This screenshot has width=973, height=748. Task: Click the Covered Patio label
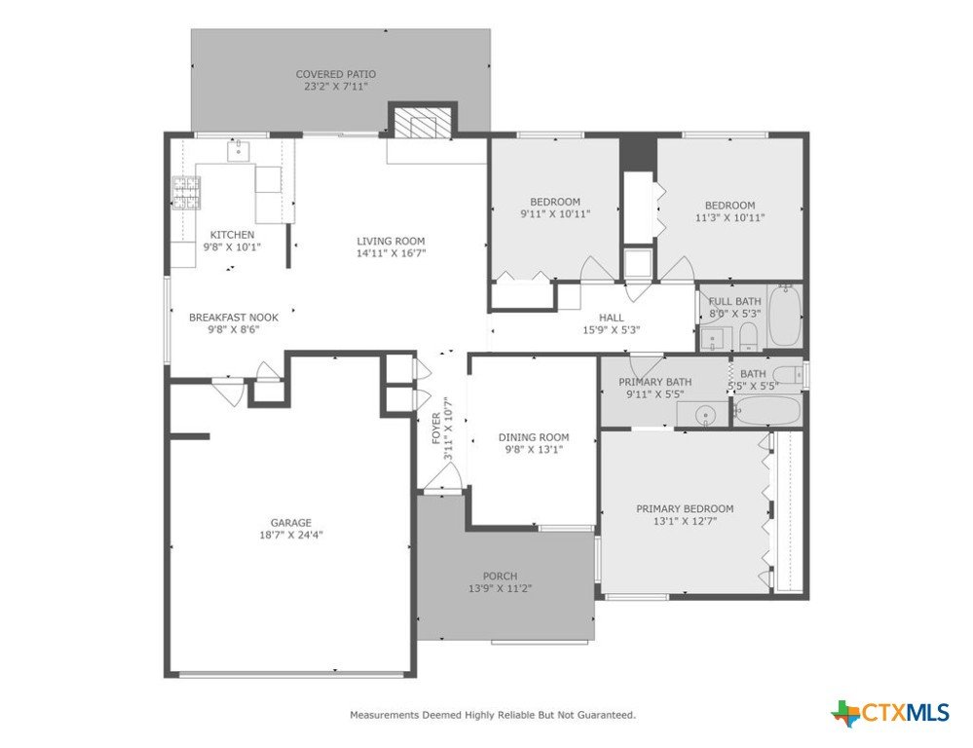336,74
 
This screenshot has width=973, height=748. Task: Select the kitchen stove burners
186,193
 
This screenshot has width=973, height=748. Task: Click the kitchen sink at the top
239,150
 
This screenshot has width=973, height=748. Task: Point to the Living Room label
391,242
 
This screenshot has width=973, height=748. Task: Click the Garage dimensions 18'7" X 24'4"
291,535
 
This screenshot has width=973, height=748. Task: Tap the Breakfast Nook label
234,318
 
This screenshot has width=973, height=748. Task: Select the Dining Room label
534,437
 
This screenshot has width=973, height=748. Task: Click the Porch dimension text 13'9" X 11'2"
501,588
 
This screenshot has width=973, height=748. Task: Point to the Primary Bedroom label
685,509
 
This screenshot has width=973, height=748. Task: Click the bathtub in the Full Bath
784,316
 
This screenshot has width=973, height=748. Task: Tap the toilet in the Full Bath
748,335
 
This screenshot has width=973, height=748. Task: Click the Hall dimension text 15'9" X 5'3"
612,330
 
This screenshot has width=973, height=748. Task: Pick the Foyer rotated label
436,429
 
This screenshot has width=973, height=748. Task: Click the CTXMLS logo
890,712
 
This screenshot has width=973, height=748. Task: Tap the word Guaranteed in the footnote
606,715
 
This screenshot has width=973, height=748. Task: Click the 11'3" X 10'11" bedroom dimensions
730,218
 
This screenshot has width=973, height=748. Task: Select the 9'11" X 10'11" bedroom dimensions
555,214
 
